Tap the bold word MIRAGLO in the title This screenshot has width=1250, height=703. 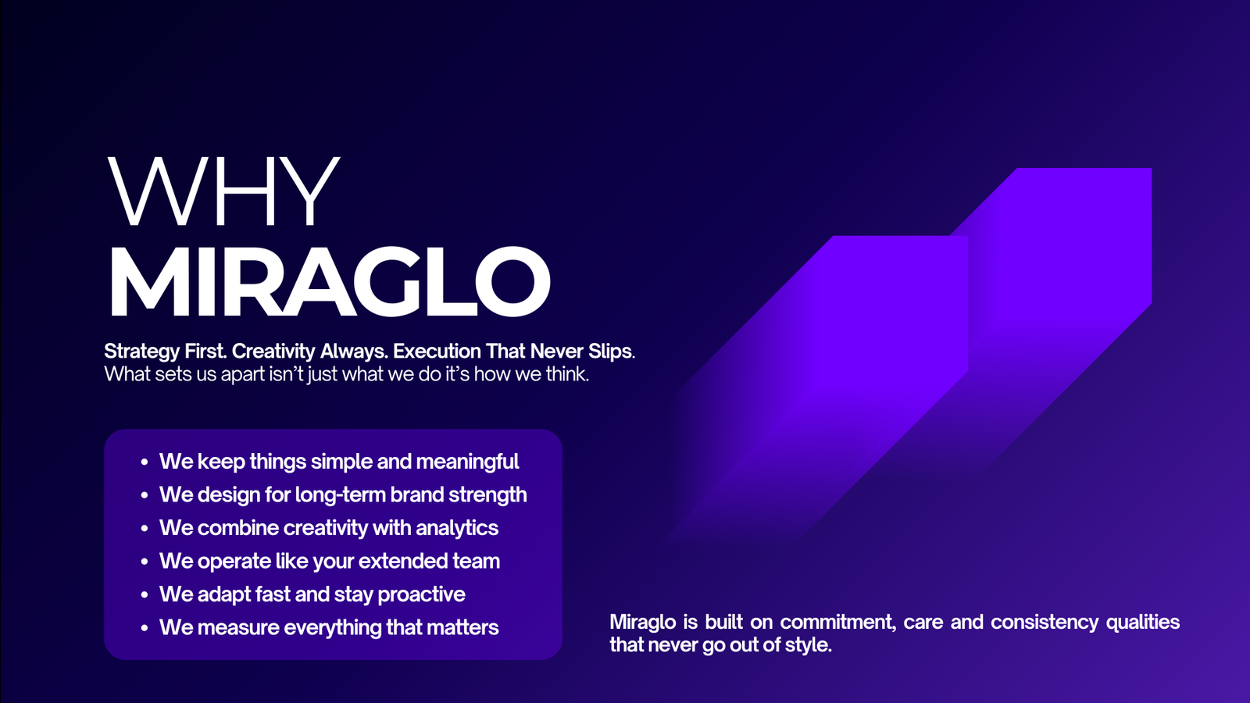tap(330, 281)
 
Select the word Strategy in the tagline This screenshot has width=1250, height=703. tap(141, 352)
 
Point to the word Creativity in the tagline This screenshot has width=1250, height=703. tap(273, 351)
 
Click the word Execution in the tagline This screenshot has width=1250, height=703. tap(437, 351)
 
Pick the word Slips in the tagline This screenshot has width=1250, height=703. tap(611, 351)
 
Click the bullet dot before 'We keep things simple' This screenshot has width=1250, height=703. tap(145, 462)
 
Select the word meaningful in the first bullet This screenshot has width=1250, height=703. tap(467, 462)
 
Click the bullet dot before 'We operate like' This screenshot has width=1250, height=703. tap(145, 562)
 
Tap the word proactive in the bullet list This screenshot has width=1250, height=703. tap(421, 594)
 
